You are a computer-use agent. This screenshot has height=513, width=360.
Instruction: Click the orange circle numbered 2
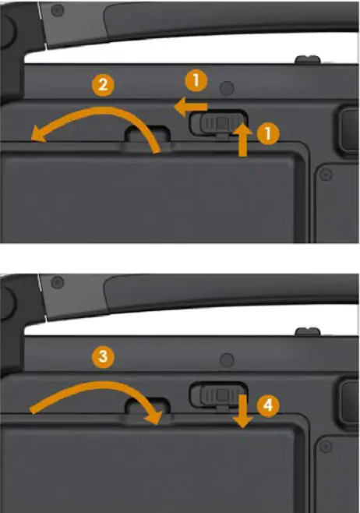click(x=101, y=85)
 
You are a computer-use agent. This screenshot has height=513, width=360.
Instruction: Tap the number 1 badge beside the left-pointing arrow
click(x=196, y=80)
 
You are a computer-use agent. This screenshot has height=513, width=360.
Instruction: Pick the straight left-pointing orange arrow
click(x=191, y=107)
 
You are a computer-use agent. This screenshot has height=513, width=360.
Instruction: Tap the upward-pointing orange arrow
click(x=242, y=140)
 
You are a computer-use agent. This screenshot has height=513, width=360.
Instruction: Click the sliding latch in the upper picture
click(x=221, y=122)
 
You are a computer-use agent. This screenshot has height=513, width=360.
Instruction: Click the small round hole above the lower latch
click(x=226, y=359)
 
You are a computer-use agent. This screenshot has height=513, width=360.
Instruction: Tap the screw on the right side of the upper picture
click(x=326, y=172)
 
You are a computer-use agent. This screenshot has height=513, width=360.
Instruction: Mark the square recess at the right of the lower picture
click(x=346, y=397)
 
